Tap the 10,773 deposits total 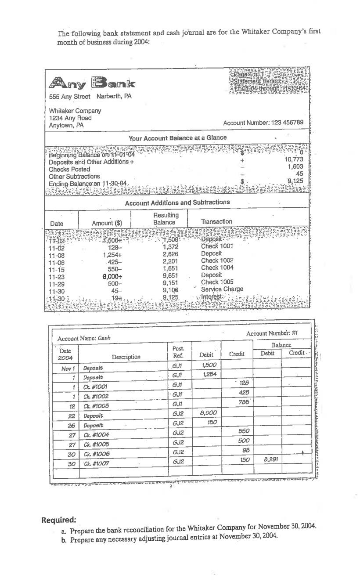tap(294, 159)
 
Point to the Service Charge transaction tap(222, 289)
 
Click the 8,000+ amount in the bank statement tap(112, 275)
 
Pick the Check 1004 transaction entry tap(217, 268)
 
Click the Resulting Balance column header tap(166, 219)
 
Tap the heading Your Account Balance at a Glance tap(177, 138)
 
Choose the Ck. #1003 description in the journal tap(96, 405)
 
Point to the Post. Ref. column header tap(178, 351)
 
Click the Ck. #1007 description tap(96, 463)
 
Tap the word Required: tap(59, 520)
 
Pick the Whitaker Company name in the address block tap(75, 111)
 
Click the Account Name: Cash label tap(84, 338)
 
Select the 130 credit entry tap(245, 459)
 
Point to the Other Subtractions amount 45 tap(299, 174)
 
